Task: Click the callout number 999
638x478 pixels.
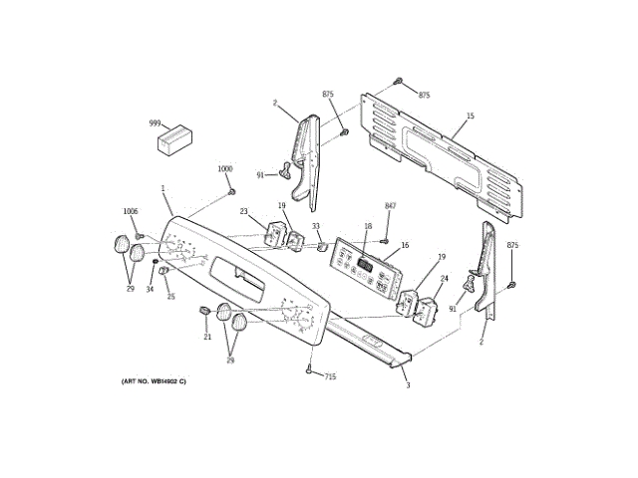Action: click(x=155, y=123)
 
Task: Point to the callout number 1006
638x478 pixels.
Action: click(x=131, y=211)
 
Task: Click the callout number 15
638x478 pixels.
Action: click(x=471, y=117)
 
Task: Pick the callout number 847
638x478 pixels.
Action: click(x=391, y=205)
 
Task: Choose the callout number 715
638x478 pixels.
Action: click(x=330, y=376)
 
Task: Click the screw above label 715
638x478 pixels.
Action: click(x=309, y=370)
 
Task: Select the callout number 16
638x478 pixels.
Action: click(x=405, y=245)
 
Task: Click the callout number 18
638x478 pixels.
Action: click(x=368, y=226)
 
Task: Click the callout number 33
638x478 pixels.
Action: click(x=315, y=227)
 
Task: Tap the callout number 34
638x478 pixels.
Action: click(x=151, y=290)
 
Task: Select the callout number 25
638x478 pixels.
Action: click(x=170, y=297)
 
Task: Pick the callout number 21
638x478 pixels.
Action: click(x=207, y=337)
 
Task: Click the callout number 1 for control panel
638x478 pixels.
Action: click(x=162, y=188)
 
